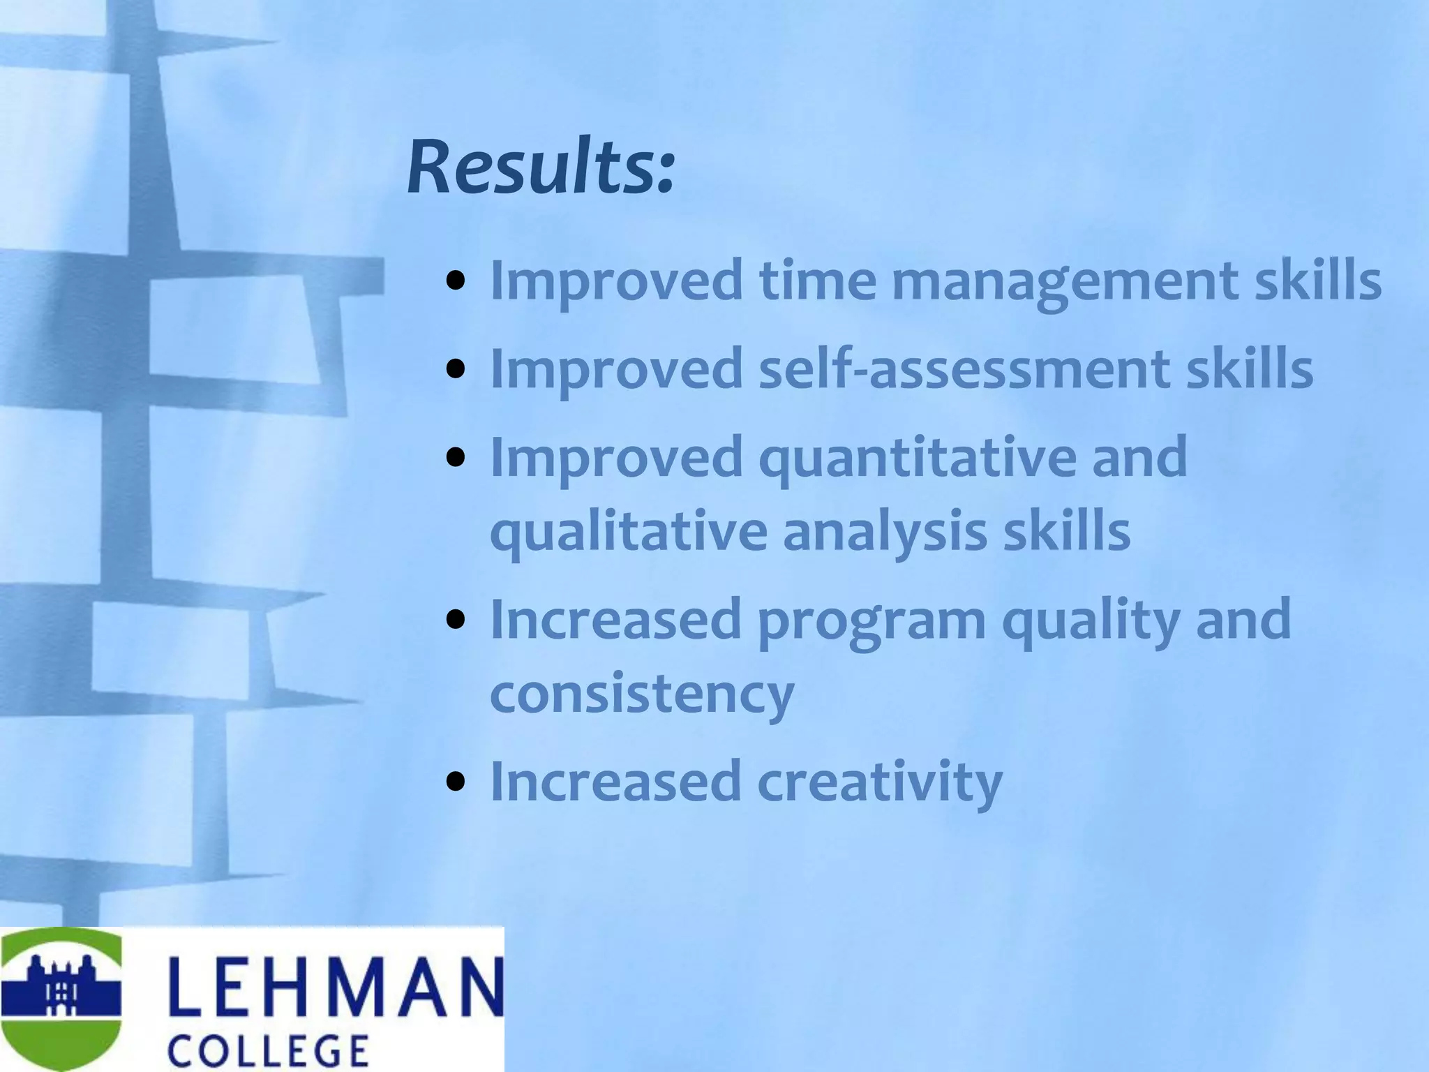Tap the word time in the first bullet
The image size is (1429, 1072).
tap(817, 281)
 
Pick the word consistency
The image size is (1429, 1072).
tap(642, 694)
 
